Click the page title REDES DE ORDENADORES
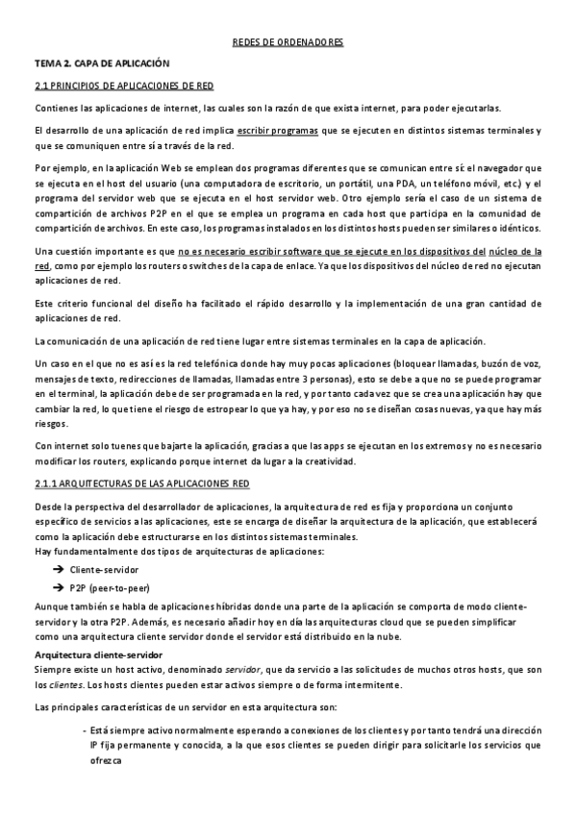coord(288,43)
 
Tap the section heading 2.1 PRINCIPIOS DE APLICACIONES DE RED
coord(115,85)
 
